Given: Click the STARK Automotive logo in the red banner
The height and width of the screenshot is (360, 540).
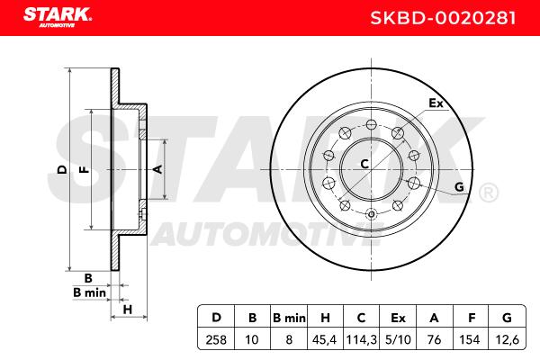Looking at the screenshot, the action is click(x=58, y=17).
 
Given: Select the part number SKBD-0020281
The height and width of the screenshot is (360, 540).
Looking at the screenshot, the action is click(x=443, y=18).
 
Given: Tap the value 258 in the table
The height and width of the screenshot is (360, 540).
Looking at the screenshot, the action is click(x=216, y=340).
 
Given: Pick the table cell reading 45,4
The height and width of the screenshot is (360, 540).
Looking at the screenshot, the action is click(x=324, y=340).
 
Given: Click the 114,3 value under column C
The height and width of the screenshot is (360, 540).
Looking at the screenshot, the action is click(x=361, y=340).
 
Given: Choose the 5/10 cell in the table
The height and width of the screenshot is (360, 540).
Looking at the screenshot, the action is click(x=398, y=340).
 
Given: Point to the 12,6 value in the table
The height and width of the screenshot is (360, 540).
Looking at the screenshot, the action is click(x=507, y=340).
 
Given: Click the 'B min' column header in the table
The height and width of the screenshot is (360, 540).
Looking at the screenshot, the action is click(x=289, y=318).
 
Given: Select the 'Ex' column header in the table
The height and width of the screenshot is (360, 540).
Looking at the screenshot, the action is click(x=398, y=318).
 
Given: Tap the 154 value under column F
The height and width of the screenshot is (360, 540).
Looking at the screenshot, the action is click(x=470, y=340).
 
